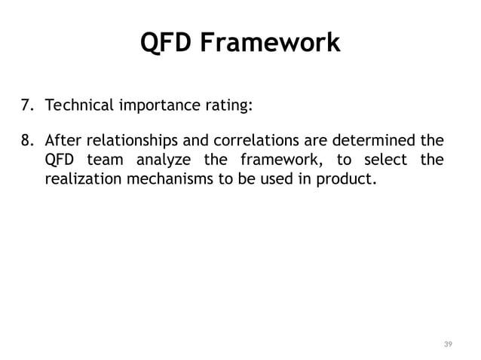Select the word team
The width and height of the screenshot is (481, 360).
(104, 160)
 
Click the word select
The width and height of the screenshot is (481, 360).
(381, 160)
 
